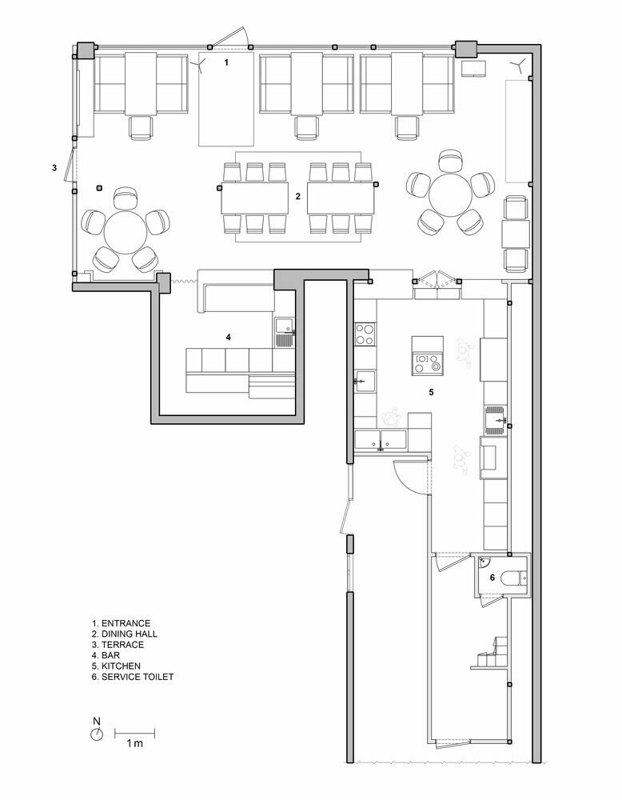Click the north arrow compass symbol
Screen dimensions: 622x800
[x=97, y=734]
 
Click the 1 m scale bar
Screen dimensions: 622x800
[x=134, y=734]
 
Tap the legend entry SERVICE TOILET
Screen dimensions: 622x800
[x=133, y=677]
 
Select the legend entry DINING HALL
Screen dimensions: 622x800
[x=125, y=634]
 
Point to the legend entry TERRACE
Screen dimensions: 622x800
[x=118, y=644]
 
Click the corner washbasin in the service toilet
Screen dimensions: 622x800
[x=484, y=562]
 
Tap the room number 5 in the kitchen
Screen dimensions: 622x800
[x=431, y=392]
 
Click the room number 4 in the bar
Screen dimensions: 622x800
[x=229, y=337]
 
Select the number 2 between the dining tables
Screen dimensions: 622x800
[x=298, y=196]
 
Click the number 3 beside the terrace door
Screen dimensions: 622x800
[x=54, y=167]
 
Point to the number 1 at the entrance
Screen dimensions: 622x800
[x=227, y=62]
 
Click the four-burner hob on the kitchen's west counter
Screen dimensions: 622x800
[x=365, y=334]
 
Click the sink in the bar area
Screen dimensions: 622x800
[x=284, y=332]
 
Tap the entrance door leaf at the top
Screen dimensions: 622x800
[x=229, y=37]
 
